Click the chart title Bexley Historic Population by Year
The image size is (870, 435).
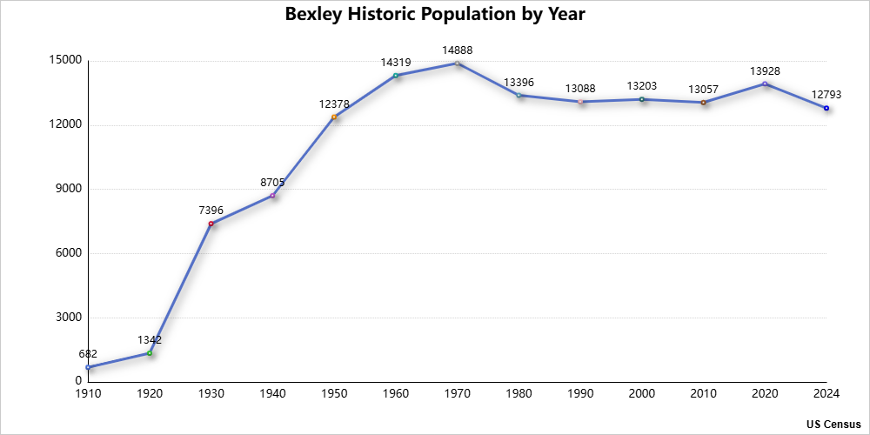[x=435, y=15]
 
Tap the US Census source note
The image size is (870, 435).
[x=833, y=424]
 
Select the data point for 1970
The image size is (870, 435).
[x=457, y=64]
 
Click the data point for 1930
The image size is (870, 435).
[x=211, y=224]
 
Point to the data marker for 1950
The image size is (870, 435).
[x=334, y=117]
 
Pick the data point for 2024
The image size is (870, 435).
[x=826, y=108]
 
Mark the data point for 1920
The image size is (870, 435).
[x=150, y=353]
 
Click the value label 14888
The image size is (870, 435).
[x=457, y=50]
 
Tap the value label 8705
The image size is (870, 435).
[x=272, y=183]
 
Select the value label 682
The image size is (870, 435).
[x=88, y=354]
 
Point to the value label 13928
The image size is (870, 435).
[x=765, y=70]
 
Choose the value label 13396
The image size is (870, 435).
[x=519, y=83]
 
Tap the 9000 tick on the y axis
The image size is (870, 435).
[x=67, y=189]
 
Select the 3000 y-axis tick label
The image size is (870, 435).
[x=67, y=318]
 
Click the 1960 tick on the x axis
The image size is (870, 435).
[x=396, y=394]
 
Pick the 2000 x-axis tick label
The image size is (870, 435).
[x=642, y=394]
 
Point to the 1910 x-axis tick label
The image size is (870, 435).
[x=88, y=394]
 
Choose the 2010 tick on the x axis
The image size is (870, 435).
[x=703, y=394]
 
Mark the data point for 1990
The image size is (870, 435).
[x=580, y=102]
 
